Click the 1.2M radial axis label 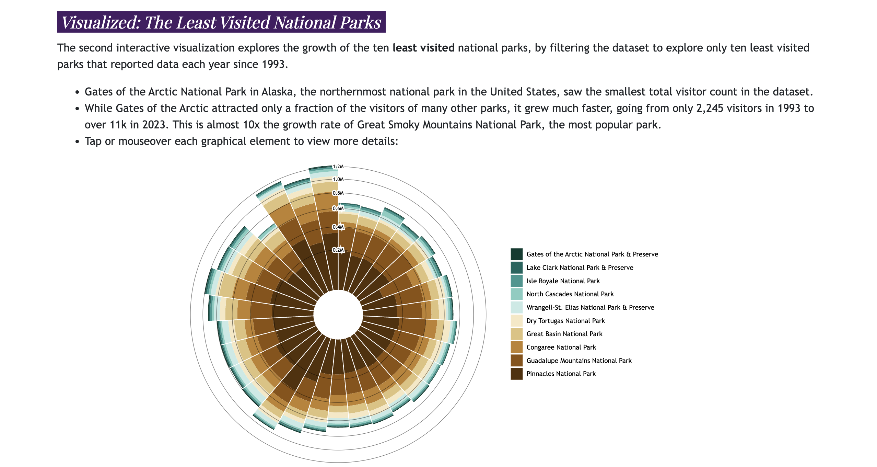tap(338, 167)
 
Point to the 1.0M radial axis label tap(338, 179)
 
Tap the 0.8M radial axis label tap(338, 193)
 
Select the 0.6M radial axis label tap(338, 208)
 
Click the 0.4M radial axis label tap(338, 227)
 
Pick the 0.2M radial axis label tap(338, 250)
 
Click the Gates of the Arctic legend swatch tap(516, 254)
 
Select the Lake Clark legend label tap(580, 267)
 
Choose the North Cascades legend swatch tap(516, 294)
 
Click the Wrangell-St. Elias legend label tap(590, 307)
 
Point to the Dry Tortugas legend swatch tap(516, 321)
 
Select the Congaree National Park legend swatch tap(516, 347)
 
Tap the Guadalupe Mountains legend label tap(579, 361)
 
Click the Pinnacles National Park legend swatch tap(516, 374)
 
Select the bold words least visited tap(423, 48)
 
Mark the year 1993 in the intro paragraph tap(273, 64)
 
